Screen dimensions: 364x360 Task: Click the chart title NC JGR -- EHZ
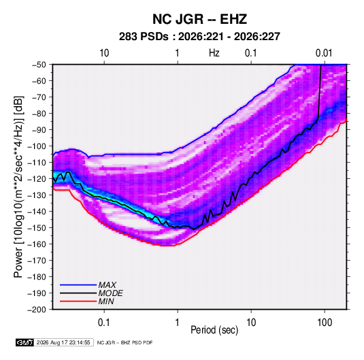(x=199, y=19)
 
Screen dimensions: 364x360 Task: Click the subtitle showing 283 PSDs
(x=199, y=37)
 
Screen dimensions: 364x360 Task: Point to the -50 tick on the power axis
(x=39, y=65)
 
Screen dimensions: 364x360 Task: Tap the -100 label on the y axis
(x=37, y=146)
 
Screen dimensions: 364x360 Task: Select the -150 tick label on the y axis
(x=37, y=228)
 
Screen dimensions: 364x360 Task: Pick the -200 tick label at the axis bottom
(x=37, y=310)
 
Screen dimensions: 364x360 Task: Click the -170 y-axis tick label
(x=37, y=261)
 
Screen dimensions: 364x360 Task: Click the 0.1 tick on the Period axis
(x=104, y=323)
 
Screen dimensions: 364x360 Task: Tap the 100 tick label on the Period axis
(x=325, y=323)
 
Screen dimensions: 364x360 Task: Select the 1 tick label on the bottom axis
(x=178, y=323)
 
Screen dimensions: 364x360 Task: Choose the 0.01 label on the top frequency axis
(x=324, y=53)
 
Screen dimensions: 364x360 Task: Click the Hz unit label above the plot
(x=214, y=53)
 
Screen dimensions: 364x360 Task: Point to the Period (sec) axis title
(x=214, y=330)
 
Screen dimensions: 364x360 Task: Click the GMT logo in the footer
(x=24, y=342)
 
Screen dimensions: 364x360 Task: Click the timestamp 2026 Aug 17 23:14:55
(x=63, y=342)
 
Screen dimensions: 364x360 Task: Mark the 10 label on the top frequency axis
(x=104, y=53)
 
